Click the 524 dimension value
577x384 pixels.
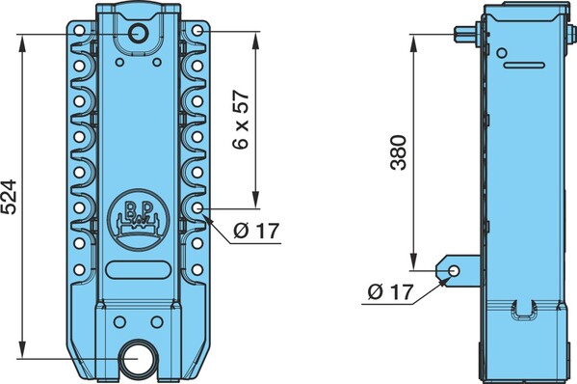coord(9,197)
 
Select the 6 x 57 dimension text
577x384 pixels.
coord(242,121)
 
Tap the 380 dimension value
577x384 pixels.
coord(399,152)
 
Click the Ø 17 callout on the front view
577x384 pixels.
coord(256,231)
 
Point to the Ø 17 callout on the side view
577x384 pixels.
coord(390,292)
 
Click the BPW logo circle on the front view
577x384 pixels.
coord(139,220)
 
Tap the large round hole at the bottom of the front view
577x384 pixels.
coord(136,359)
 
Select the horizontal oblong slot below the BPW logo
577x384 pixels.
coord(139,270)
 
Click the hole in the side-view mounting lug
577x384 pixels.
coord(454,271)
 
